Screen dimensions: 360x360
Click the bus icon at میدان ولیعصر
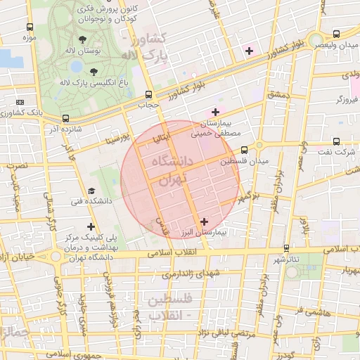coord(336,34)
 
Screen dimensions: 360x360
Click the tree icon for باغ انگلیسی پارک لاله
coord(94,70)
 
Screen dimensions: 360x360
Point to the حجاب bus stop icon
coord(148,94)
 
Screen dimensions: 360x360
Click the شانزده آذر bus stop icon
coord(65,118)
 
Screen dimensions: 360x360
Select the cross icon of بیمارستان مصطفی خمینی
coord(215,112)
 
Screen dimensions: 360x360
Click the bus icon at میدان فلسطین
coord(244,150)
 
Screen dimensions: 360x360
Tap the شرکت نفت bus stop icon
coord(337,141)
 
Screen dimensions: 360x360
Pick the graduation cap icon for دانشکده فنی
coord(91,191)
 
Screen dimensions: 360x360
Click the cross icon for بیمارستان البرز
coord(204,221)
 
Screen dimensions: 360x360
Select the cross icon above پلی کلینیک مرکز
coord(91,226)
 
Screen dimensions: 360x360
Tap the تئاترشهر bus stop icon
coord(285,248)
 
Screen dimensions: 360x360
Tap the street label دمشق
coord(278,94)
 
